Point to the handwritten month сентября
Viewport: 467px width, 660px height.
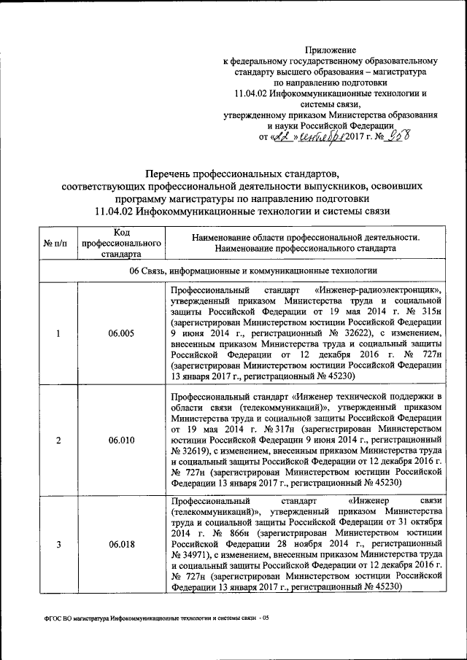point(318,136)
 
